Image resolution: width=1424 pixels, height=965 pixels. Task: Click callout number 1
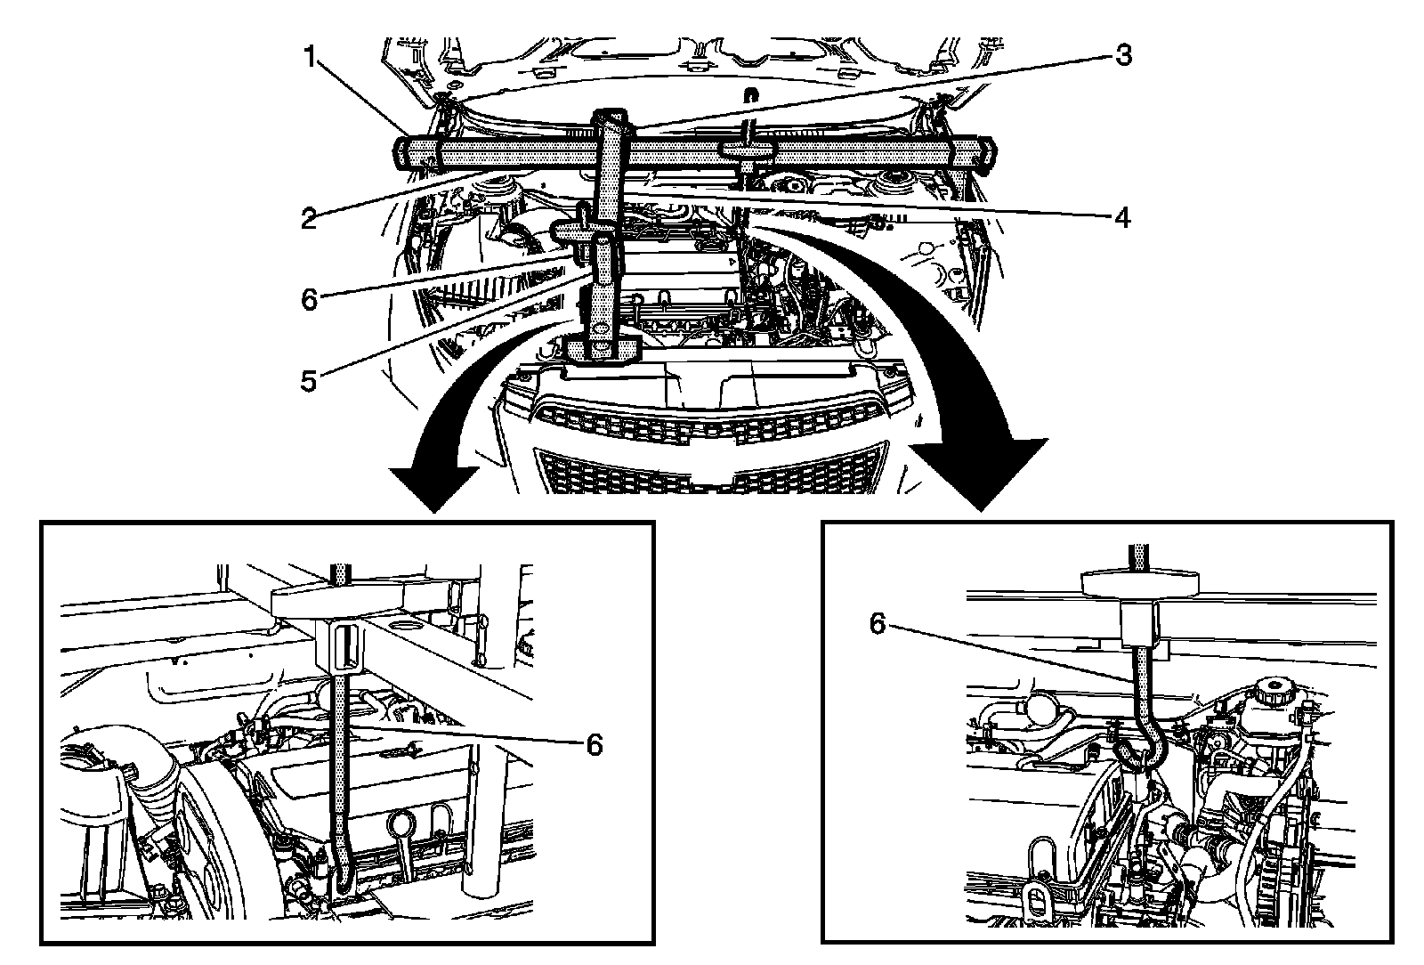[310, 58]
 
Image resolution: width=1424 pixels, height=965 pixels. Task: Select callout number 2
[309, 218]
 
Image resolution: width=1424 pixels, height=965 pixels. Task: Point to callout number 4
[1123, 216]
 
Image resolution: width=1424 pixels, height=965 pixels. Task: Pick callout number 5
[309, 382]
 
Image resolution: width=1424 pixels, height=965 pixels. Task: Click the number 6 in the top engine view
[309, 299]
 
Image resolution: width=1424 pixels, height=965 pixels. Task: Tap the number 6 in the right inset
[878, 625]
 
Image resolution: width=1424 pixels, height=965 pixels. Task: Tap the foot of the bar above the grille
[603, 350]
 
